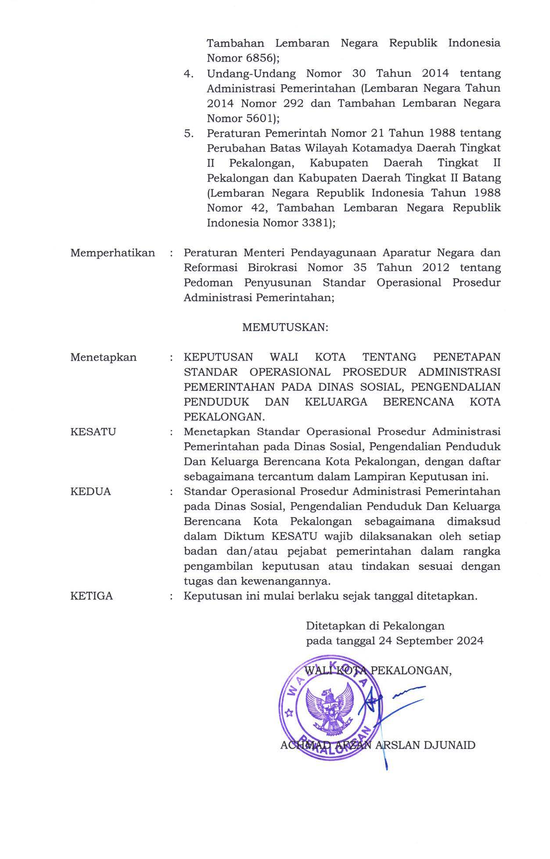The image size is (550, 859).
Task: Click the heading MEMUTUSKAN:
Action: tap(285, 328)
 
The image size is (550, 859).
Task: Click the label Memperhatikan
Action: tap(112, 253)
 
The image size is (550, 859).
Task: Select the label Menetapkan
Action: tap(103, 357)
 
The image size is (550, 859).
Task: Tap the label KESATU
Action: tap(93, 432)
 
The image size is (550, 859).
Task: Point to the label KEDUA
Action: tap(90, 491)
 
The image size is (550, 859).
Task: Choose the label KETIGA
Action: tap(91, 596)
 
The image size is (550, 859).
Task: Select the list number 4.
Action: tap(189, 73)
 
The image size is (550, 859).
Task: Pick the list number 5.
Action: tap(189, 133)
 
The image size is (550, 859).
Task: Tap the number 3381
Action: tap(314, 223)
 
